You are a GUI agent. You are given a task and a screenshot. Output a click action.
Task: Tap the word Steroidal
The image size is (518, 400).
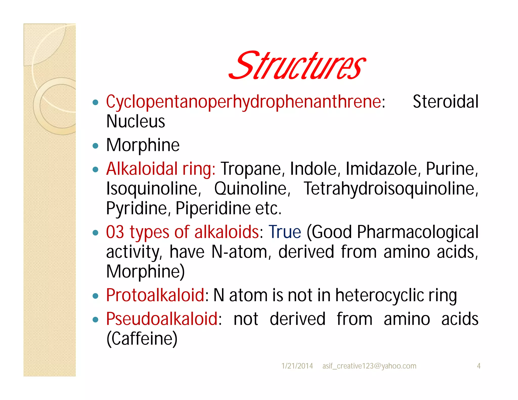pyautogui.click(x=445, y=102)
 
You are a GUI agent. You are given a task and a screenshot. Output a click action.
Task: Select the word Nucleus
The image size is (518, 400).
pyautogui.click(x=136, y=122)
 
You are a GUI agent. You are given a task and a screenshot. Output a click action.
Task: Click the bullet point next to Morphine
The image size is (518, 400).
pyautogui.click(x=95, y=146)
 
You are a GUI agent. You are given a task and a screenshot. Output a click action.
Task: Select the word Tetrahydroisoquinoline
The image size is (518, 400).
pyautogui.click(x=391, y=189)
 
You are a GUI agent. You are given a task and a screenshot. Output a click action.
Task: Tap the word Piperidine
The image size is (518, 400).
pyautogui.click(x=213, y=209)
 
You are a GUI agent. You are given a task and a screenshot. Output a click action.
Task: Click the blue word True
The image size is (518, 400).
pyautogui.click(x=285, y=232)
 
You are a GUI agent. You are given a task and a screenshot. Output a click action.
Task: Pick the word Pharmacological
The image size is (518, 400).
pyautogui.click(x=418, y=232)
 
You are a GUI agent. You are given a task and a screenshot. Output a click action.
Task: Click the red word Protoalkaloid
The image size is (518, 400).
pyautogui.click(x=155, y=295)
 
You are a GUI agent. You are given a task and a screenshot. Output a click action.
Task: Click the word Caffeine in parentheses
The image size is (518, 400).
pyautogui.click(x=142, y=339)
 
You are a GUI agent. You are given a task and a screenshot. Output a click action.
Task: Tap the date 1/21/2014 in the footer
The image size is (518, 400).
pyautogui.click(x=297, y=366)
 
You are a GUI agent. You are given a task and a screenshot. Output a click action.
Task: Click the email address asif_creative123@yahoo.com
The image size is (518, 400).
pyautogui.click(x=369, y=366)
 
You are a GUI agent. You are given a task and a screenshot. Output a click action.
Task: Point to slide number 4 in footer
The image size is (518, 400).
pyautogui.click(x=479, y=366)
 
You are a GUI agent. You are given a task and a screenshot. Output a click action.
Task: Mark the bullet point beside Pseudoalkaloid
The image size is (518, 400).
pyautogui.click(x=95, y=320)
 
